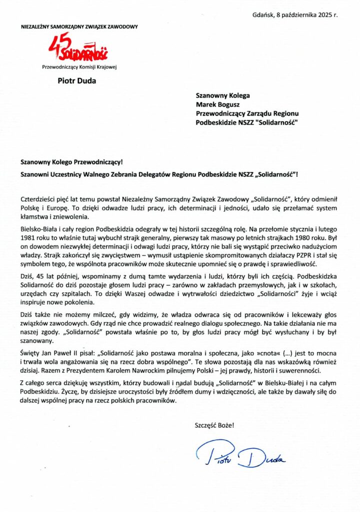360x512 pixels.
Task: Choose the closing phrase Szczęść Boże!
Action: click(x=214, y=425)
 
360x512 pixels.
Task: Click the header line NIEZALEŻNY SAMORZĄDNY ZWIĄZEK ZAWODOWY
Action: click(x=79, y=26)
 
